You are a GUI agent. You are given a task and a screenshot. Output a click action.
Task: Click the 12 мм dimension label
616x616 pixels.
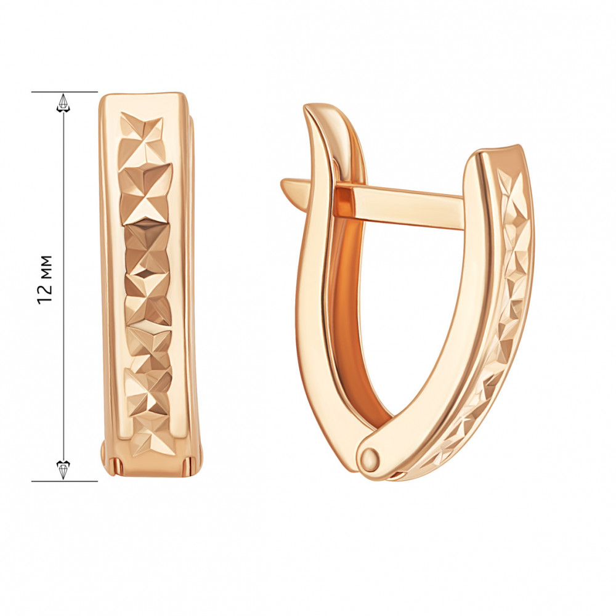click(x=45, y=279)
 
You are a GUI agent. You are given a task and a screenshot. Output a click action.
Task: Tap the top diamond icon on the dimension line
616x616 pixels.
click(x=63, y=103)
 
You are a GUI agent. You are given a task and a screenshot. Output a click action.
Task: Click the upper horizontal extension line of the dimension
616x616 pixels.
click(x=65, y=92)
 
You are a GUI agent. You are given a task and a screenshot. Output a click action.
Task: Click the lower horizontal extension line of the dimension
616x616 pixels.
click(x=65, y=481)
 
